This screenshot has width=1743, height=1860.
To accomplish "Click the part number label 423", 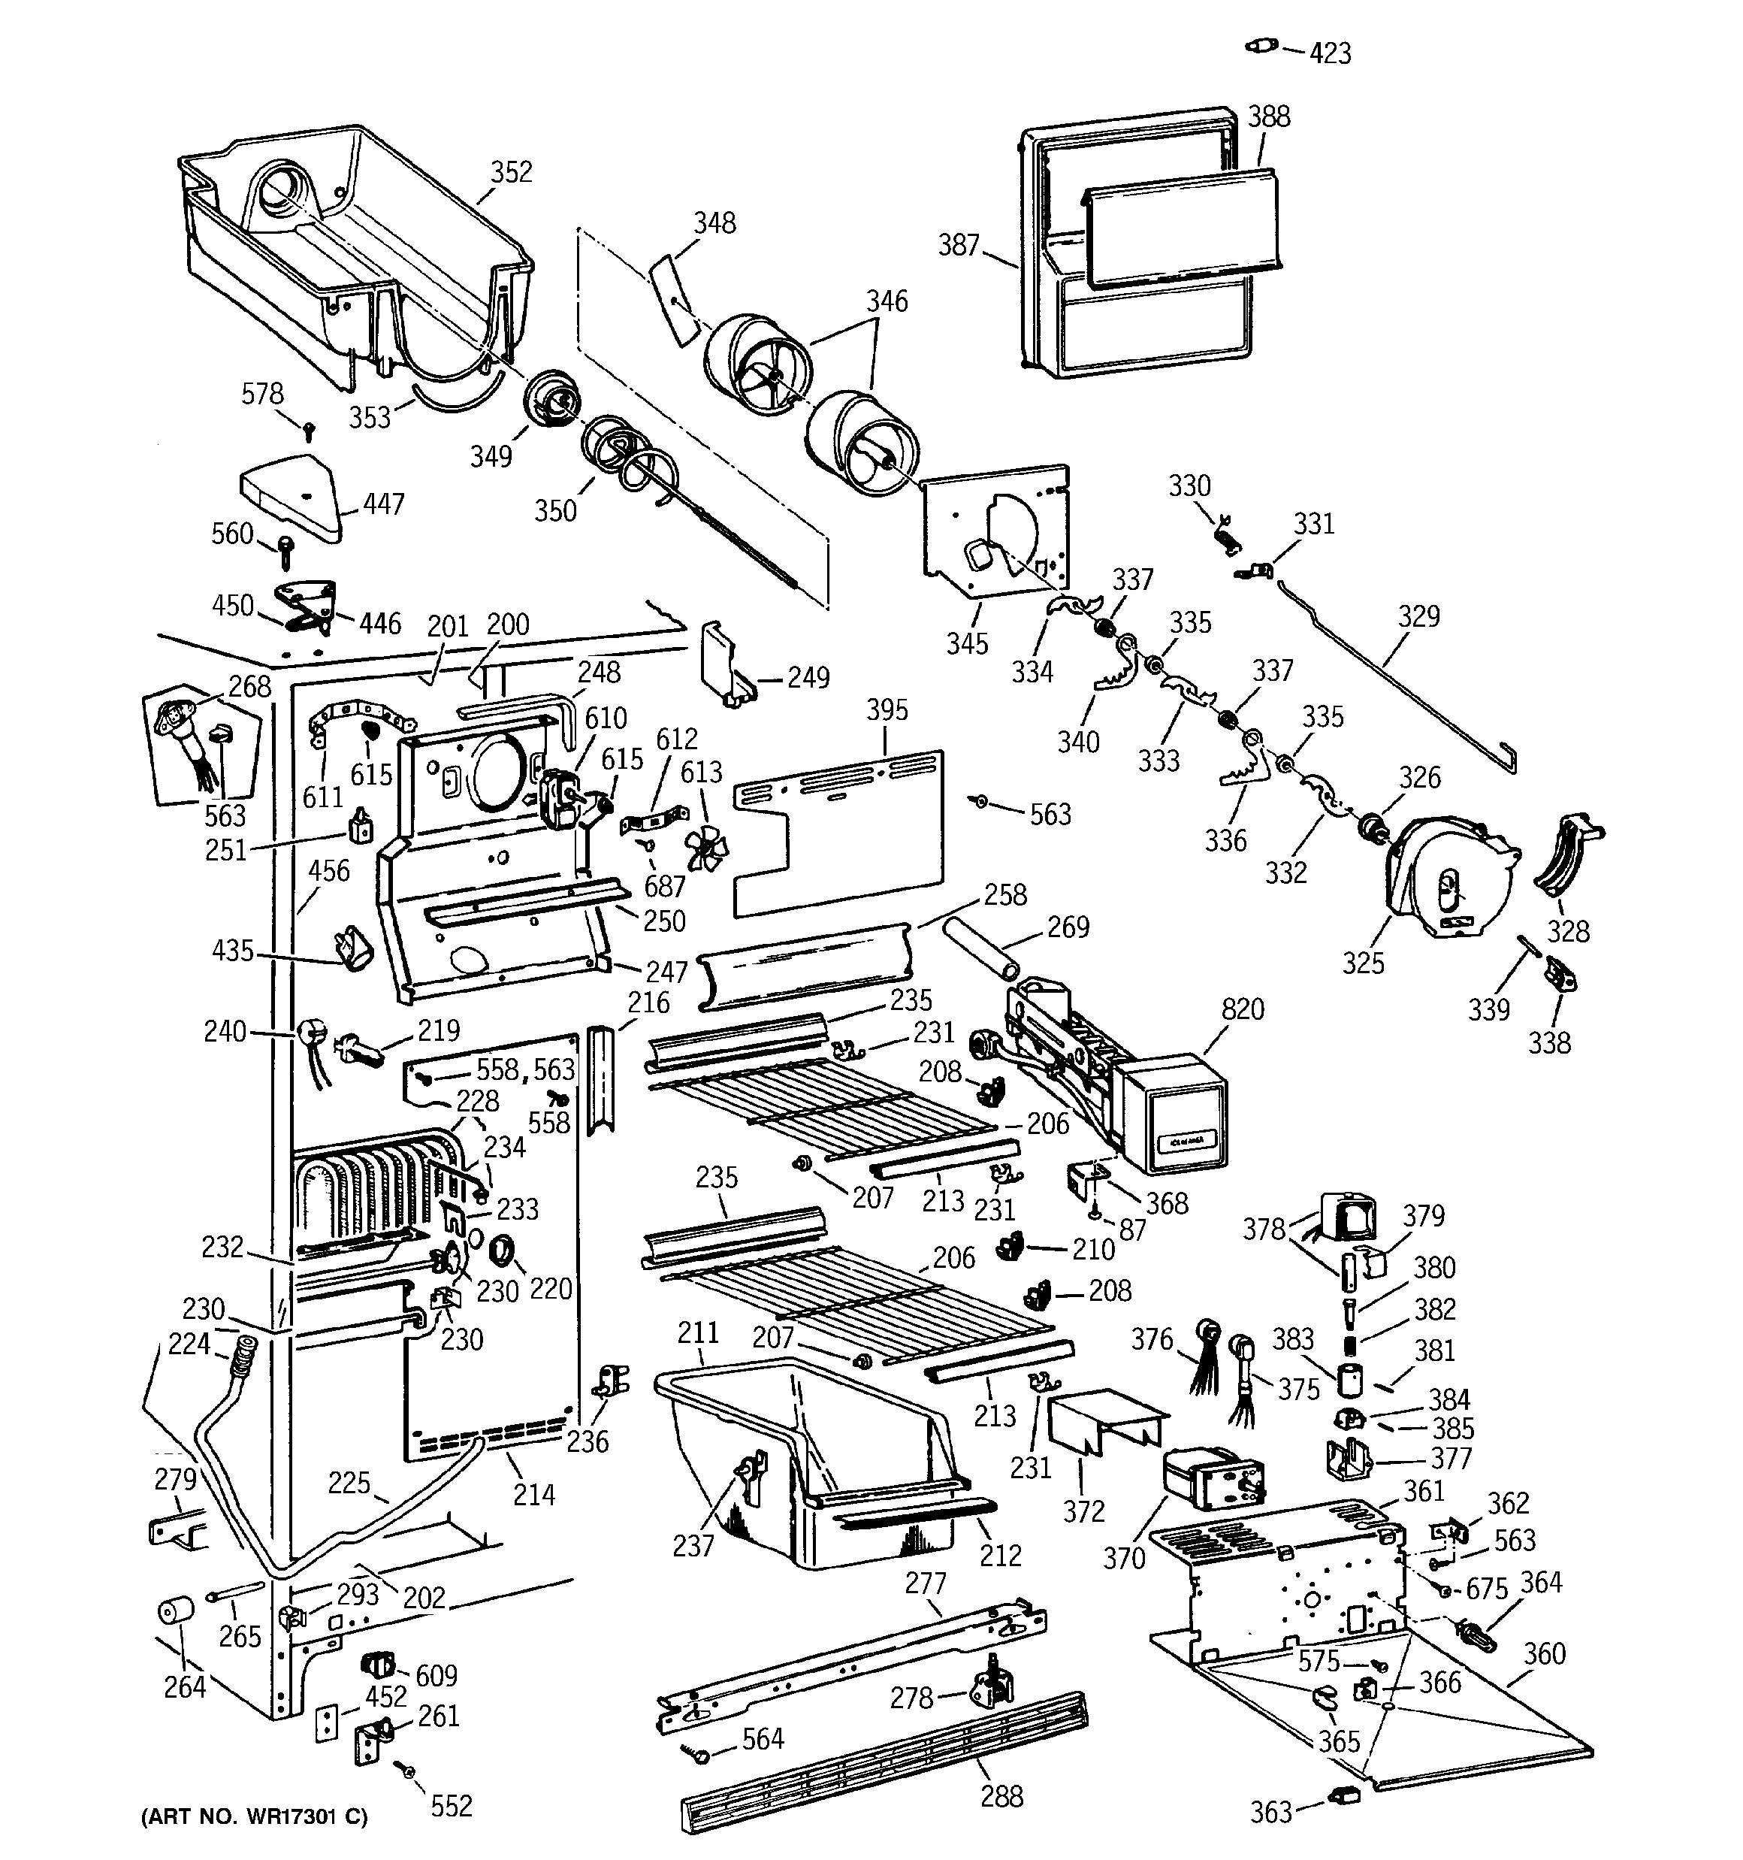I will [1330, 53].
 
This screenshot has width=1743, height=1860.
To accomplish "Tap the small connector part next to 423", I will [1261, 45].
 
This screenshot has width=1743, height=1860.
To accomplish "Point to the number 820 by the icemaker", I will [1242, 1009].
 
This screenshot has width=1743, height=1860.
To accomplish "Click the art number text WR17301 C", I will [255, 1817].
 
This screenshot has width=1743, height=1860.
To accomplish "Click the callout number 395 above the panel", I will [886, 710].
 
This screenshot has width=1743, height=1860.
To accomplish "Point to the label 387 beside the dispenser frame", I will [958, 245].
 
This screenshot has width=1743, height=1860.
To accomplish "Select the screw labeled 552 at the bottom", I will [408, 1769].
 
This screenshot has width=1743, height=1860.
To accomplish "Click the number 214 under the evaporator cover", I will [533, 1494].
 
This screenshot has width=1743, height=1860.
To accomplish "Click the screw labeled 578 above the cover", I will [309, 429].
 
